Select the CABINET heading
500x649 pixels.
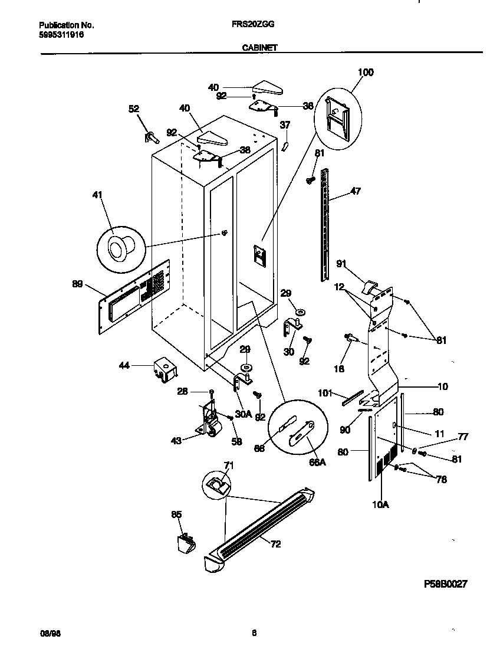click(259, 49)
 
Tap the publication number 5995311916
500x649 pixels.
click(61, 35)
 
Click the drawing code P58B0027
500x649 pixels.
click(446, 584)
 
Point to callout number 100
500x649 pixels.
click(366, 73)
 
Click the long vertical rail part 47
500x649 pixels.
click(324, 224)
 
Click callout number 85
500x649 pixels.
click(176, 514)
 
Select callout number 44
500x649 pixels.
click(124, 366)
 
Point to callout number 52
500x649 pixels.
click(134, 109)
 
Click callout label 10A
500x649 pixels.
click(381, 504)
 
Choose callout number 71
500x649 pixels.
click(228, 466)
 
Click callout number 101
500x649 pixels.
click(325, 392)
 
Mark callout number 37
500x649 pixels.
click(285, 125)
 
